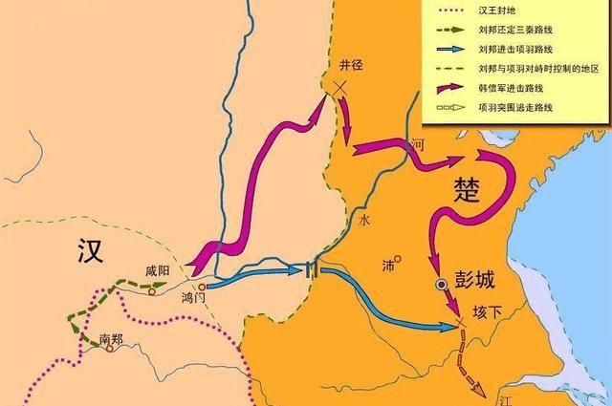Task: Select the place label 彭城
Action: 476,284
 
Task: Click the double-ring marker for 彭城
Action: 441,285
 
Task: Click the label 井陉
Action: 352,65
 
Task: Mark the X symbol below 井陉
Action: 339,87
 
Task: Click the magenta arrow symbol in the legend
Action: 452,87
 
